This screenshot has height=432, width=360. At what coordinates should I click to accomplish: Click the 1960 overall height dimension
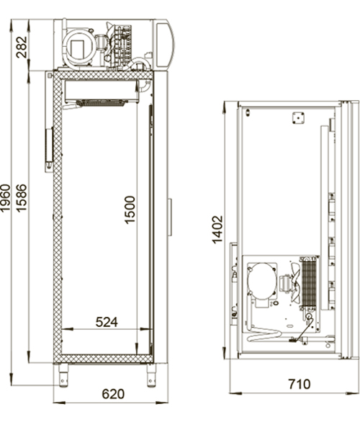[6, 198]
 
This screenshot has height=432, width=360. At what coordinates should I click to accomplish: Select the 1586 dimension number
[22, 198]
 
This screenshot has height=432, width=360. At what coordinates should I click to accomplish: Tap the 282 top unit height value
[22, 47]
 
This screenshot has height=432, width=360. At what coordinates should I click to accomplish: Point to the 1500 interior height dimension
[130, 210]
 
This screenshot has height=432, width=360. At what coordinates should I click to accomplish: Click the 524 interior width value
[107, 322]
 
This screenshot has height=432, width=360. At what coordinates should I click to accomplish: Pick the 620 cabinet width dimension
[113, 394]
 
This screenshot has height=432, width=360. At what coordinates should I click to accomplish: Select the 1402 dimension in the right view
[217, 230]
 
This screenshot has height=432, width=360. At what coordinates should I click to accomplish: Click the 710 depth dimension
[299, 384]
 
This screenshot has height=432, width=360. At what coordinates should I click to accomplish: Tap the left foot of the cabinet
[63, 376]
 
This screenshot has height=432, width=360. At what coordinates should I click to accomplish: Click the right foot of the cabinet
[151, 376]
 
